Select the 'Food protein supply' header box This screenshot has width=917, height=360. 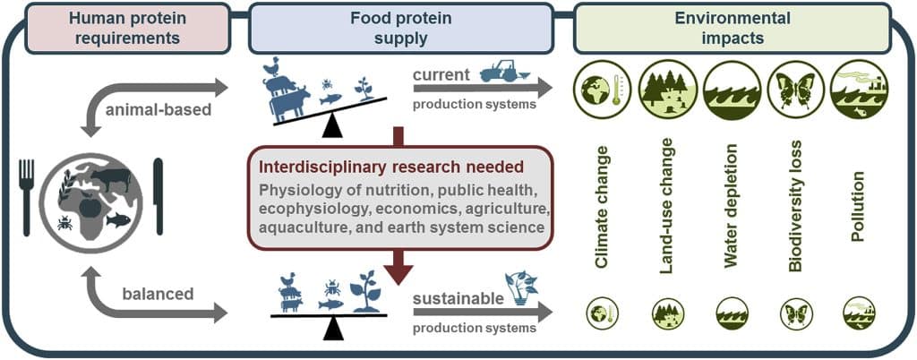tap(400, 28)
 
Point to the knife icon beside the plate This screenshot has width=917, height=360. tap(158, 197)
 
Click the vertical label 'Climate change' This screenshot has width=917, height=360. tap(603, 208)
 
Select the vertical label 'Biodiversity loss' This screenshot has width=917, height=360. tap(794, 209)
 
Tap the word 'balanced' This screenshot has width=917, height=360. tap(158, 294)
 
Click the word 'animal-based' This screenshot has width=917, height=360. tap(158, 109)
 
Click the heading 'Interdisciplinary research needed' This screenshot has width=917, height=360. tap(391, 167)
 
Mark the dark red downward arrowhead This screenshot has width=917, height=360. tap(399, 270)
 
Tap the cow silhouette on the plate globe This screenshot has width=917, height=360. tap(111, 179)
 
